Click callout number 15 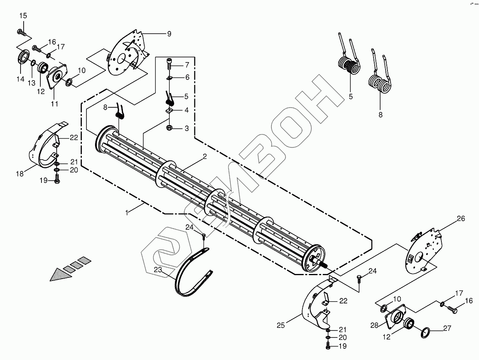click(x=23, y=16)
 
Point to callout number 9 click(x=169, y=34)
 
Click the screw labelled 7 click(x=169, y=63)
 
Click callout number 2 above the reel click(x=204, y=157)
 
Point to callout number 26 click(x=460, y=219)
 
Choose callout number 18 click(x=20, y=174)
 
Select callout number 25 click(x=280, y=326)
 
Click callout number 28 click(x=374, y=326)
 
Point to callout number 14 click(x=20, y=79)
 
